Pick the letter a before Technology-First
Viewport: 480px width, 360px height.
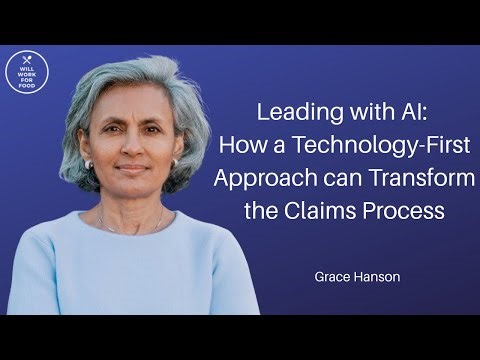[276, 146]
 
